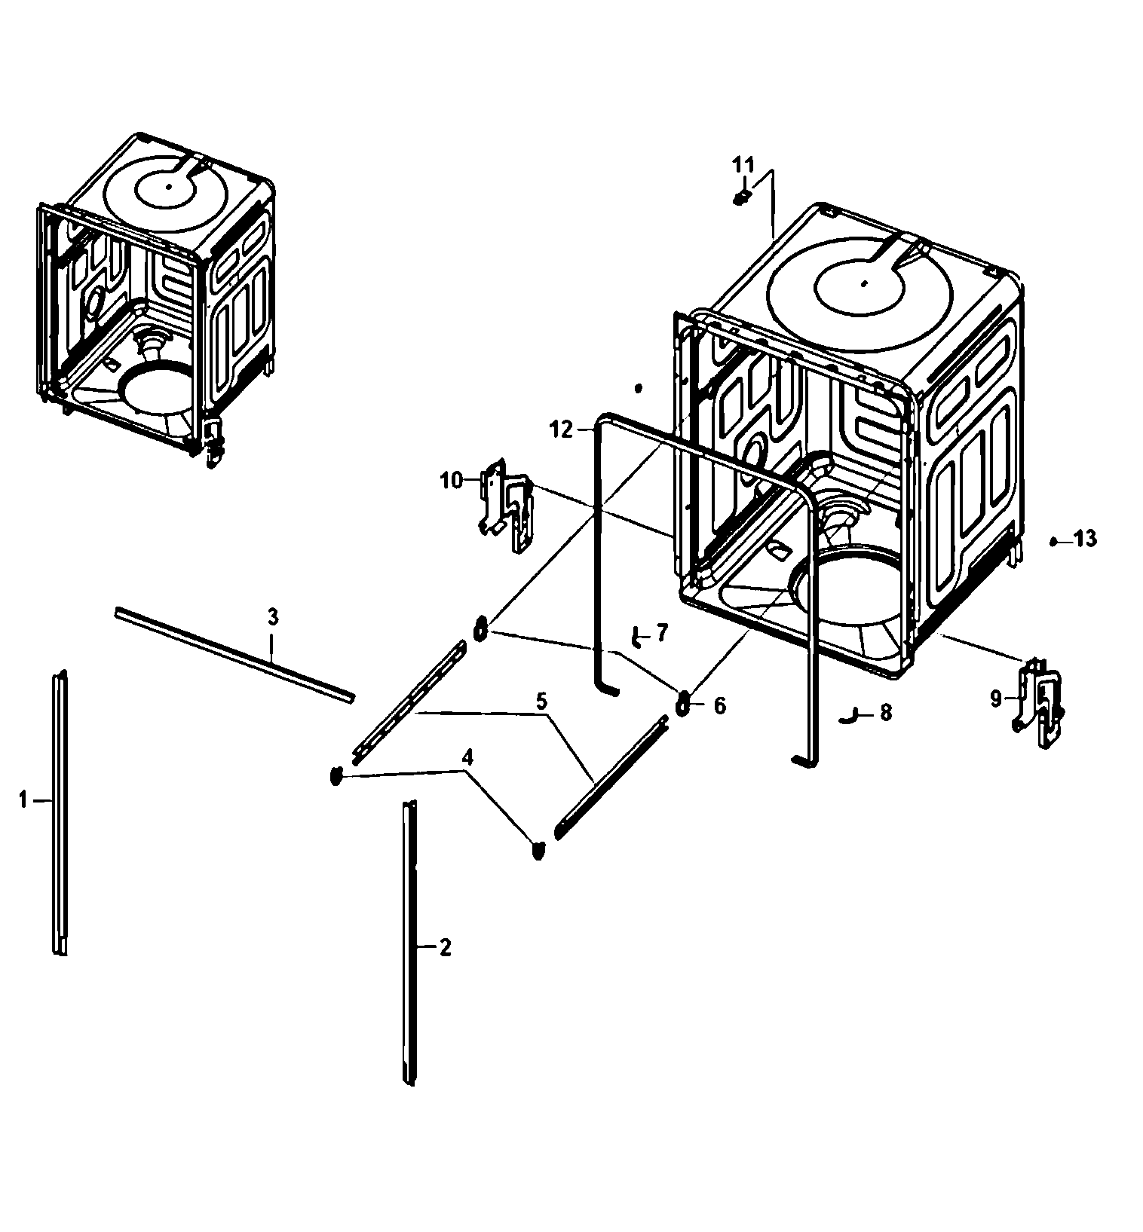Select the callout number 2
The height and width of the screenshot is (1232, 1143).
tap(445, 947)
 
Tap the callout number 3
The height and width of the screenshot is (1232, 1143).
tap(273, 617)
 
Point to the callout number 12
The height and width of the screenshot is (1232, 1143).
tap(561, 430)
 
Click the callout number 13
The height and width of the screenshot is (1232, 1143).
tap(1086, 539)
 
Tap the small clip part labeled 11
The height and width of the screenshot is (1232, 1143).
tap(741, 197)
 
